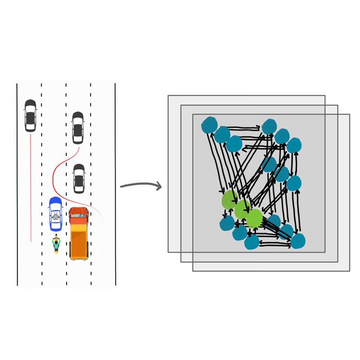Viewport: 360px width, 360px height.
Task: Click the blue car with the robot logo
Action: pyautogui.click(x=56, y=214)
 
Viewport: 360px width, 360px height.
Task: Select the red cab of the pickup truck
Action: pyautogui.click(x=79, y=214)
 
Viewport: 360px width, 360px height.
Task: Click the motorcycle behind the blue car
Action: pyautogui.click(x=56, y=244)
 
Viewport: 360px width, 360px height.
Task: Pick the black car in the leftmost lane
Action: pyautogui.click(x=30, y=115)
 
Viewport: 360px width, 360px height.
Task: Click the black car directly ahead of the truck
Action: pyautogui.click(x=79, y=178)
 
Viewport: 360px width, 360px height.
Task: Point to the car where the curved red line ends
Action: pyautogui.click(x=78, y=128)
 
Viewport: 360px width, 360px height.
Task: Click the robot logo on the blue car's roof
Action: pyautogui.click(x=56, y=217)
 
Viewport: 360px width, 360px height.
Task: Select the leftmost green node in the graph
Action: pyautogui.click(x=230, y=200)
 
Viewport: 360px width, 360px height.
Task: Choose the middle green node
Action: pyautogui.click(x=242, y=209)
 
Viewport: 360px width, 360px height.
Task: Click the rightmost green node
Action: pyautogui.click(x=254, y=218)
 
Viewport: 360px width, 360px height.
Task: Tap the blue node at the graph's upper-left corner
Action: pyautogui.click(x=209, y=125)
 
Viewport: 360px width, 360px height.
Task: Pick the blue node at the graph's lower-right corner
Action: pyautogui.click(x=298, y=241)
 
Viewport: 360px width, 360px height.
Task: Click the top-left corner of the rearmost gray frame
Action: pyautogui.click(x=168, y=96)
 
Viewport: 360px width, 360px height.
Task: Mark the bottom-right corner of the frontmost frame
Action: pyautogui.click(x=349, y=271)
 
